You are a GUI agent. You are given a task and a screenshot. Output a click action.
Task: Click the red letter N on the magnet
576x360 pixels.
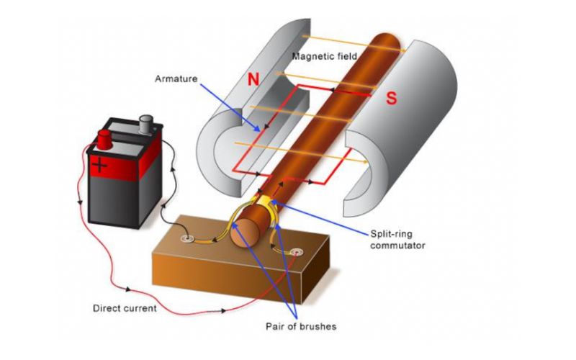[253, 80]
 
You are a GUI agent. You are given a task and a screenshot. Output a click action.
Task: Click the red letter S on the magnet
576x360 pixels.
[391, 99]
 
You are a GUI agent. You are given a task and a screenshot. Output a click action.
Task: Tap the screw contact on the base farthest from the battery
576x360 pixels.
[297, 253]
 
